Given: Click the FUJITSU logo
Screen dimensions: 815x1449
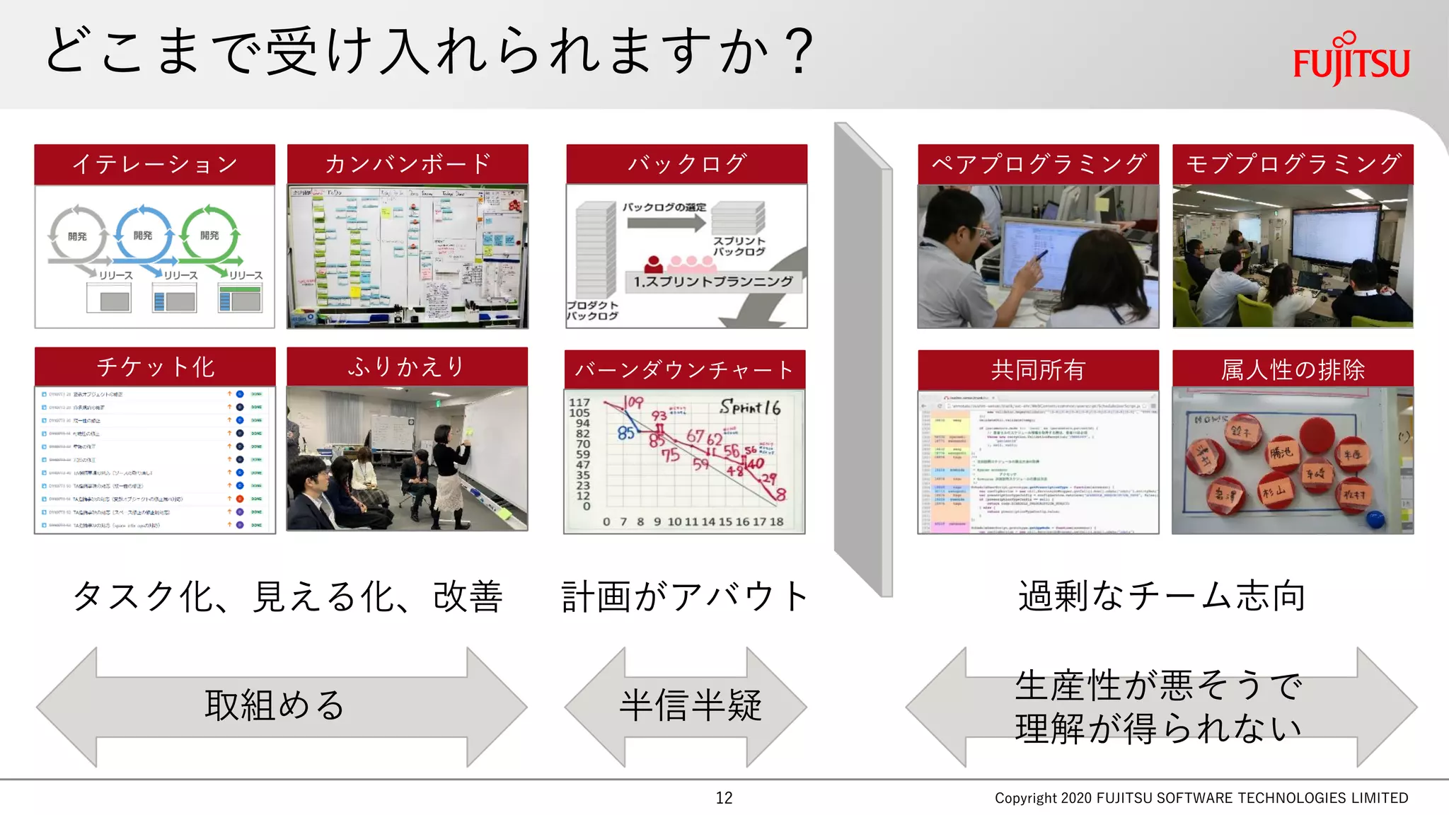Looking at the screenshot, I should tap(1351, 59).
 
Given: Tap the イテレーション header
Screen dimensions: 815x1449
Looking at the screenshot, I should tap(154, 164).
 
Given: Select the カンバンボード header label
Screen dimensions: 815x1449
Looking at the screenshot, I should tap(408, 164).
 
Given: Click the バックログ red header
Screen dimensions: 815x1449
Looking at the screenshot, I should tap(686, 164).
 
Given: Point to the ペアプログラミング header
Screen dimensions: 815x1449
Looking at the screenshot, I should tap(1038, 164).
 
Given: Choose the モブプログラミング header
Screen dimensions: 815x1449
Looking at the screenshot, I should tap(1293, 164).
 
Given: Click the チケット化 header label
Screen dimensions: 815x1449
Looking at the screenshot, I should tap(154, 366).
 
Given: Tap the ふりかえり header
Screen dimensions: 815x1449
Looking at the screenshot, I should tap(408, 366).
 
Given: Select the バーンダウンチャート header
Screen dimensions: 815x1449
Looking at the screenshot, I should tap(684, 369).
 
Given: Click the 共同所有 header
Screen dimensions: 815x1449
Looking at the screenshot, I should tap(1038, 369).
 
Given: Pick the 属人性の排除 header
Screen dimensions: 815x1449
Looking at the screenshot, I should tap(1293, 369).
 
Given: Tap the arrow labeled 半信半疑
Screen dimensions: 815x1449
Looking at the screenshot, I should tap(686, 706).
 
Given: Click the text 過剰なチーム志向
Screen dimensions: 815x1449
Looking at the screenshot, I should tap(1161, 596).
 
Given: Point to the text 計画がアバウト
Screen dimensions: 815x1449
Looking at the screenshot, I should tap(685, 596).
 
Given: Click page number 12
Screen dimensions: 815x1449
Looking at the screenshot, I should tap(724, 798).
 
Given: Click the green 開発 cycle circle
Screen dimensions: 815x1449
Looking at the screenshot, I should tap(209, 235).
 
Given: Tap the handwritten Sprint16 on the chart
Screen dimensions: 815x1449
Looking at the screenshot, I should tap(750, 407).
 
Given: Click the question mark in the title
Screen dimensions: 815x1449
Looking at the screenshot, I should tap(800, 51).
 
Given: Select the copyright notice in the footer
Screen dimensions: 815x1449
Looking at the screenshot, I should tap(1201, 798).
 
